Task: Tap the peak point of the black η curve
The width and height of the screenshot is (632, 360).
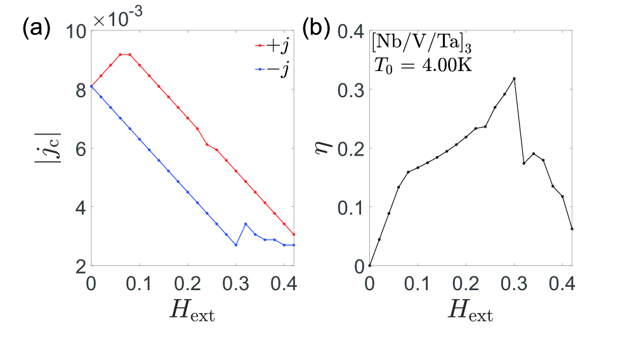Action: click(x=514, y=79)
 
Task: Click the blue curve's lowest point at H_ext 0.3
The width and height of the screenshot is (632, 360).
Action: click(x=236, y=245)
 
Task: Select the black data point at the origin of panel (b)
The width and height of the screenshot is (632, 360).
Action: click(x=369, y=265)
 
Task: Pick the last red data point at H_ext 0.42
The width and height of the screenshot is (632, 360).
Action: click(x=294, y=234)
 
